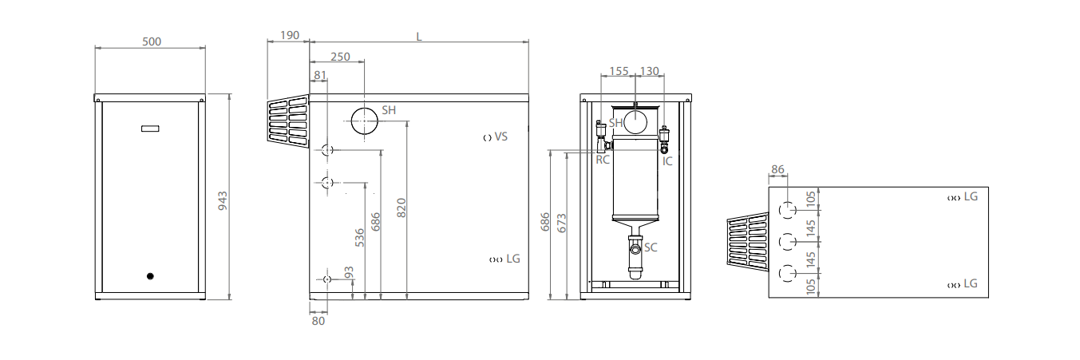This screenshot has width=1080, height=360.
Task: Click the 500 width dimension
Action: (152, 42)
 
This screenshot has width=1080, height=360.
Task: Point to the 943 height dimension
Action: (224, 200)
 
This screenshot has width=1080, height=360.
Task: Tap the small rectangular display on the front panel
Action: (150, 128)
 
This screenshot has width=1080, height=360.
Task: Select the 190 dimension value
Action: (290, 35)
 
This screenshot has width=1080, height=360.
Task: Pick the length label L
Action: (418, 35)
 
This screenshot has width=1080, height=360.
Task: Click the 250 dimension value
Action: (339, 57)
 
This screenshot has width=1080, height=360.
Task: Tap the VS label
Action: (500, 137)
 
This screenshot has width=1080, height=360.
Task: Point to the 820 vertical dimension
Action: (402, 208)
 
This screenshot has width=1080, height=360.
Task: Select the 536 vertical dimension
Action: (360, 237)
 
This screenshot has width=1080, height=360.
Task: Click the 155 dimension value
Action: (619, 71)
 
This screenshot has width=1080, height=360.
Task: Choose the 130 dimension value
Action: (650, 71)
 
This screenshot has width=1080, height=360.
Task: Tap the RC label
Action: (603, 160)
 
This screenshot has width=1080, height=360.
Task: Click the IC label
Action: (667, 160)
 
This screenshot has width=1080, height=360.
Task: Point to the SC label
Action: (651, 247)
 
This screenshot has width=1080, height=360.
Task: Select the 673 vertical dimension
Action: (561, 223)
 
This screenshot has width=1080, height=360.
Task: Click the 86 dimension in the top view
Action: (779, 169)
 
